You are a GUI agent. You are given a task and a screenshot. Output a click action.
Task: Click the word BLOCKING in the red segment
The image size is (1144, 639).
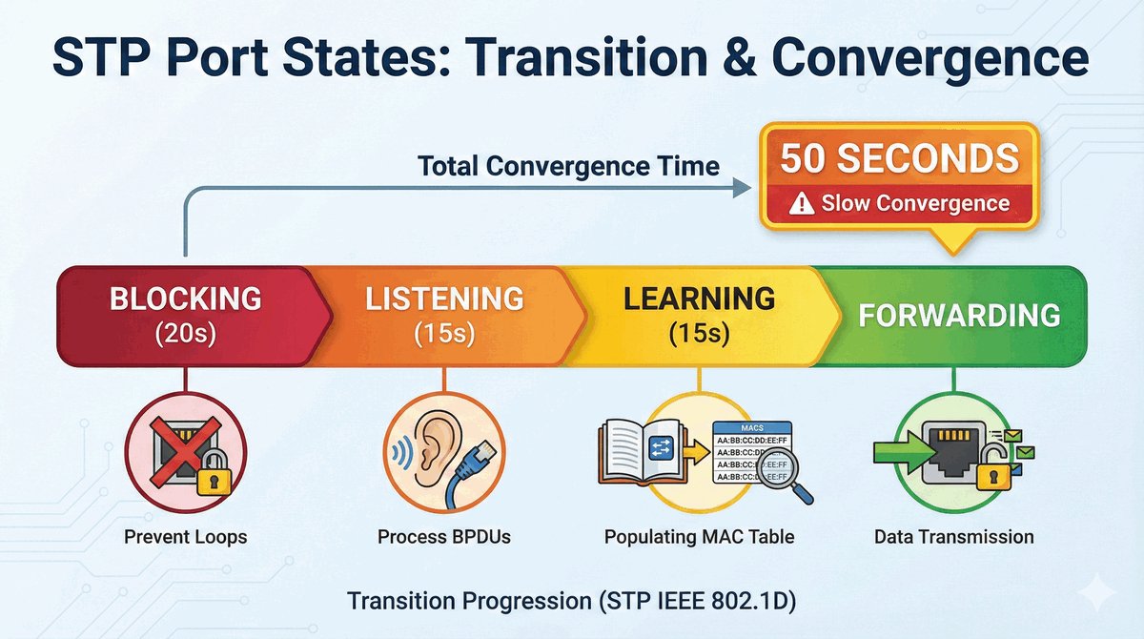[185, 299]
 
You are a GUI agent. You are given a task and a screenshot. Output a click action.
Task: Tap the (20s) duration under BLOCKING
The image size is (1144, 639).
[185, 334]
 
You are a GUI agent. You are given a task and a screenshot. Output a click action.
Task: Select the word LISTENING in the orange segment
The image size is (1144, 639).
[444, 299]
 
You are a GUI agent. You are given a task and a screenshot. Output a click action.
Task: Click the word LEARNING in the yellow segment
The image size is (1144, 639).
[699, 299]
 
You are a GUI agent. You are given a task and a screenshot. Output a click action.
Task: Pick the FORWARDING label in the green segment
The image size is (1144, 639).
[960, 315]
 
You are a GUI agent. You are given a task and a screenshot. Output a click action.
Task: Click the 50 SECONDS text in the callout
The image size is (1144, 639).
[900, 157]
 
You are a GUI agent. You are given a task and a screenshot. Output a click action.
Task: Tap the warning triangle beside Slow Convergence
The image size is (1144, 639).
[802, 204]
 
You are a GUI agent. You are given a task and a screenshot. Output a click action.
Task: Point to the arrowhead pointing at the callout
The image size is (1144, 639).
[742, 188]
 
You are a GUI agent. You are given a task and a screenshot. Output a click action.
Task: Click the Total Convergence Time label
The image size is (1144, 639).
[568, 166]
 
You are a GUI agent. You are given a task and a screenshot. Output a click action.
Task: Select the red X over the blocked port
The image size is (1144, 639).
[185, 451]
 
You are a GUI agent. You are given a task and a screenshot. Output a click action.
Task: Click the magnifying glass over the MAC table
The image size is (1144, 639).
[784, 473]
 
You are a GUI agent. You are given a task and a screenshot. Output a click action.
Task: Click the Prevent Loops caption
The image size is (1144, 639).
[185, 537]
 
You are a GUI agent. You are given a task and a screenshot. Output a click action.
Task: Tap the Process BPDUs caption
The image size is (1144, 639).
[444, 537]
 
